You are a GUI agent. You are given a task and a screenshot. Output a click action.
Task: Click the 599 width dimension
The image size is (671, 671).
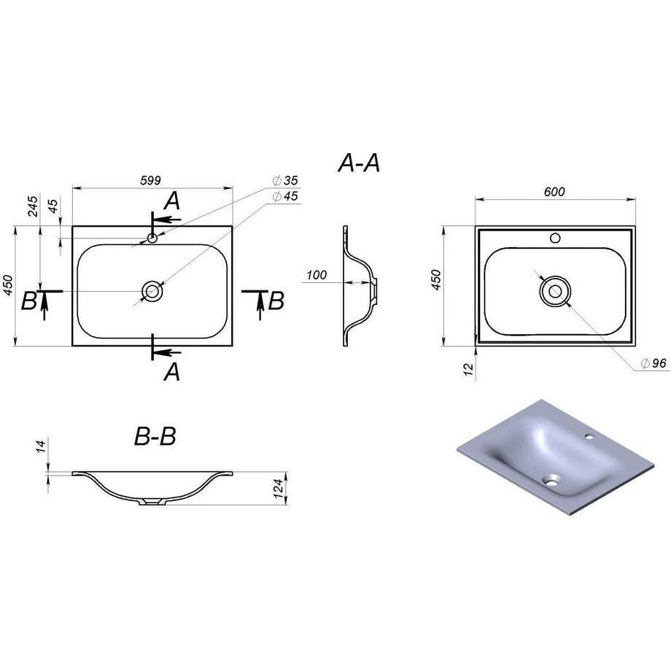pyautogui.click(x=151, y=181)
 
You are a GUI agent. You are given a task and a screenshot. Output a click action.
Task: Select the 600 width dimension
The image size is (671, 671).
pyautogui.click(x=554, y=192)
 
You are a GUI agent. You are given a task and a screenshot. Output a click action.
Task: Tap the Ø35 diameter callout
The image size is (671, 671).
pyautogui.click(x=285, y=181)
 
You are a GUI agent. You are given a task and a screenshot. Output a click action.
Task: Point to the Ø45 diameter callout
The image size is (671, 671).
pyautogui.click(x=285, y=196)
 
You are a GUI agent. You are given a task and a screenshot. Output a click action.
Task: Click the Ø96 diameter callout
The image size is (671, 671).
pyautogui.click(x=653, y=363)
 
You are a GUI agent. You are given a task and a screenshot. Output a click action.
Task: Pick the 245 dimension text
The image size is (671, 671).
pyautogui.click(x=33, y=206)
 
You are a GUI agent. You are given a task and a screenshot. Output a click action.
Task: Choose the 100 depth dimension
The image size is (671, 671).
pyautogui.click(x=317, y=275)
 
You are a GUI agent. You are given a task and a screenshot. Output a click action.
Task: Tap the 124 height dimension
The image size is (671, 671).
pyautogui.click(x=279, y=489)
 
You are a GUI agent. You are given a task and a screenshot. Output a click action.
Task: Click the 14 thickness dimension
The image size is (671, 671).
pyautogui.click(x=41, y=447)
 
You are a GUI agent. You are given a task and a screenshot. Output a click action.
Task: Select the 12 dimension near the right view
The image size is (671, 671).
pyautogui.click(x=470, y=369)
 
